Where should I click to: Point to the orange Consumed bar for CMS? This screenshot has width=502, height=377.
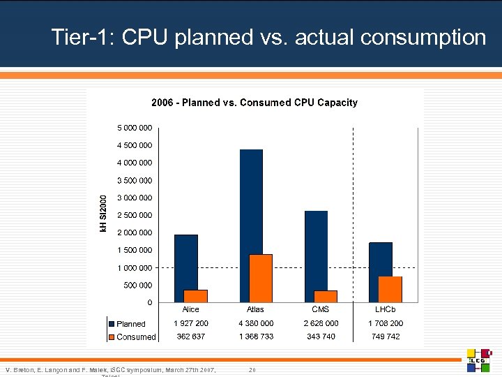pyautogui.click(x=326, y=296)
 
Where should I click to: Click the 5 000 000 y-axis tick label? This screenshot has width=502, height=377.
pyautogui.click(x=135, y=128)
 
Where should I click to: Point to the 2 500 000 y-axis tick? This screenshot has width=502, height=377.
pyautogui.click(x=135, y=215)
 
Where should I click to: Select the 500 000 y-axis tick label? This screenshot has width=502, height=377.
pyautogui.click(x=138, y=285)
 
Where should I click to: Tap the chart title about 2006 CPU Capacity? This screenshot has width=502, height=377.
pyautogui.click(x=254, y=103)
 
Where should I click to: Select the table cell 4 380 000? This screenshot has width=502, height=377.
pyautogui.click(x=256, y=323)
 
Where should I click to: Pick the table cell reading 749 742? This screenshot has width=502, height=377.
pyautogui.click(x=386, y=337)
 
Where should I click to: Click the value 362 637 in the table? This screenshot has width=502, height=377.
pyautogui.click(x=191, y=337)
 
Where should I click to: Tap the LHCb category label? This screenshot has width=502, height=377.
pyautogui.click(x=386, y=309)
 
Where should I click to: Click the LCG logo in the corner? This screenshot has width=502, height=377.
pyautogui.click(x=480, y=360)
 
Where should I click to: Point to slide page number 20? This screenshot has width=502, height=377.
pyautogui.click(x=252, y=369)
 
